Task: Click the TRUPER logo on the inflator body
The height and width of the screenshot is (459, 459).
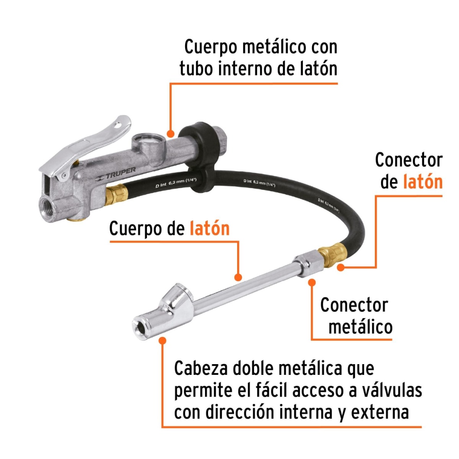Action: pos(117,174)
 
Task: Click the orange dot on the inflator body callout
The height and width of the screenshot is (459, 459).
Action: pos(171,133)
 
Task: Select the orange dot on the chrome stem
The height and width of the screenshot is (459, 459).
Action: pos(238,277)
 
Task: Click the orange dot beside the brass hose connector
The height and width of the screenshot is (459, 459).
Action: pos(340,267)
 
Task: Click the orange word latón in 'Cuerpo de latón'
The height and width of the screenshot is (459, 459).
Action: pos(210,229)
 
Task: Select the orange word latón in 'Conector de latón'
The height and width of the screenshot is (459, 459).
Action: pos(423,182)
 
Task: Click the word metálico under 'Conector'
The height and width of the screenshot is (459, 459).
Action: pos(360,327)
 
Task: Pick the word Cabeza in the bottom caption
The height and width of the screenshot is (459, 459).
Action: pos(201,369)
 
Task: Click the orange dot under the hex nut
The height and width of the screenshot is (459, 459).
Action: pos(312,282)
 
